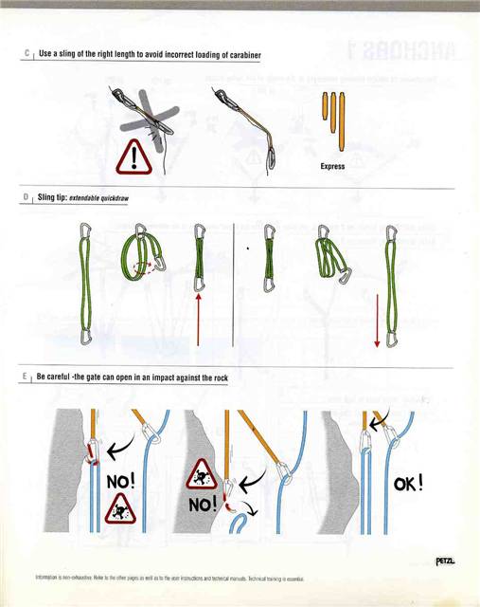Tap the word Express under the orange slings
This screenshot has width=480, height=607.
[333, 164]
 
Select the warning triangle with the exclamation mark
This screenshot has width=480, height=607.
[133, 156]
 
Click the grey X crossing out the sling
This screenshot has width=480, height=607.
[142, 112]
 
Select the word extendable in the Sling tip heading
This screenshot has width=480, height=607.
[87, 200]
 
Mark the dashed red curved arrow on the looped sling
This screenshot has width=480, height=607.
[142, 267]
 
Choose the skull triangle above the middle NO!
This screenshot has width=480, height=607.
[203, 471]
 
